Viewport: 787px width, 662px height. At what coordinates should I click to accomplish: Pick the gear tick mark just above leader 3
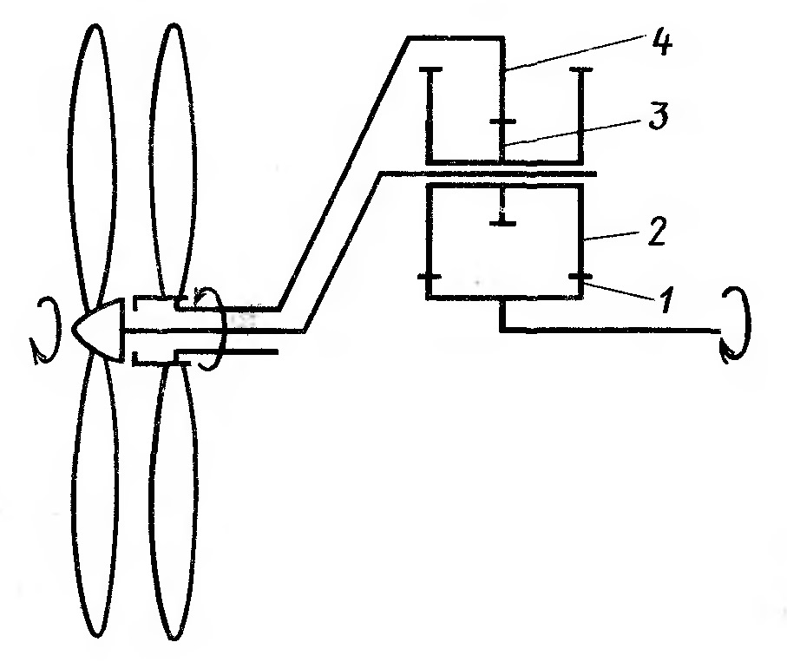[x=502, y=122]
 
